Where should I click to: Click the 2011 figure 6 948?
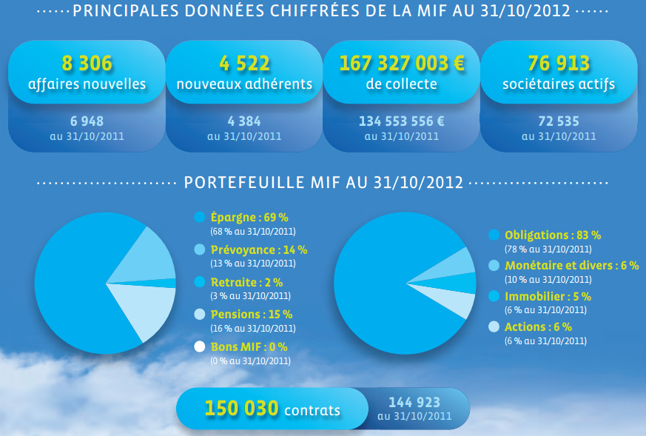(87, 120)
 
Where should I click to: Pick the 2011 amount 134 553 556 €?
(402, 120)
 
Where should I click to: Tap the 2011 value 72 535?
(559, 120)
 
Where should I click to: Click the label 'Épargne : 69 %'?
(249, 218)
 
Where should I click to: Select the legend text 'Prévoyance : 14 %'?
(259, 250)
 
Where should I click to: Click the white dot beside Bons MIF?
(198, 346)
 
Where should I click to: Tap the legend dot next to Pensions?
(198, 315)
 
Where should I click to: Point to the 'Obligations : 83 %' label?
(552, 235)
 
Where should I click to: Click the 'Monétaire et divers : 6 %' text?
(571, 266)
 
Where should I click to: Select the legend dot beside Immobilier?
(494, 296)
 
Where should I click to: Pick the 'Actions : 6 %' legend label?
(538, 327)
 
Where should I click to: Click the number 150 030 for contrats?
(242, 408)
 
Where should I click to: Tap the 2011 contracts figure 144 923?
(414, 403)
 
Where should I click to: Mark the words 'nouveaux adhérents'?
(244, 84)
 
